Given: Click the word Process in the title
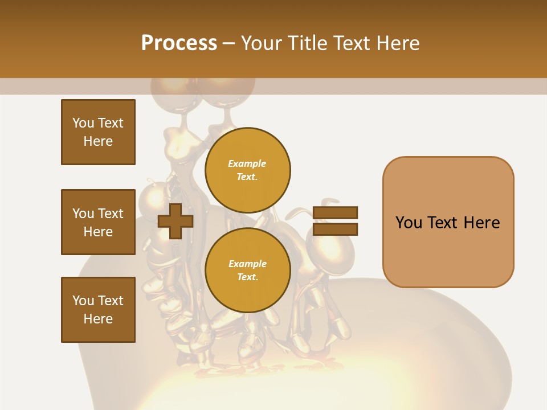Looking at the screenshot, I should (179, 43).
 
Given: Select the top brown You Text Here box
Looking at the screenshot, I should (98, 132).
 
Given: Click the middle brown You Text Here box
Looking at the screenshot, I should (98, 222).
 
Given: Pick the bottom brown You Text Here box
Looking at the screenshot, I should (98, 310).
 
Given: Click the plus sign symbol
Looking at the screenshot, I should (175, 221).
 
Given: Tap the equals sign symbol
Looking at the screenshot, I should (335, 221).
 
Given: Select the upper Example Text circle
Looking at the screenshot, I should (247, 170).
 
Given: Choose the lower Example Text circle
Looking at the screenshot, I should (247, 270).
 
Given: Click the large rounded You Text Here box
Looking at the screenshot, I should (448, 222).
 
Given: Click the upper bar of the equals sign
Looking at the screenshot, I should (335, 213).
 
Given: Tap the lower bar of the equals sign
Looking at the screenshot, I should (335, 229).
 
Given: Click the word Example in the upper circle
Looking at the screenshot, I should (247, 163).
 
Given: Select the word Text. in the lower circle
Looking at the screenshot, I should (247, 277).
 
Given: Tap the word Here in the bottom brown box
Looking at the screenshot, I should (98, 319).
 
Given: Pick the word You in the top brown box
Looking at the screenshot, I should (83, 123).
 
